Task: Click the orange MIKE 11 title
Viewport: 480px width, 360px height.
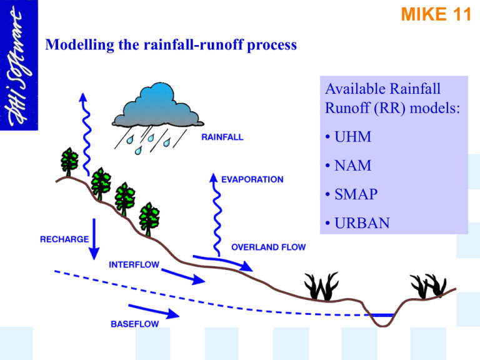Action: [x=436, y=14]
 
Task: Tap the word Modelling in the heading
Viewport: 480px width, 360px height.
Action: [x=79, y=45]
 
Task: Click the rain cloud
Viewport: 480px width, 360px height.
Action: [x=157, y=105]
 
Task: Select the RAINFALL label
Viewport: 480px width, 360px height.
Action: [x=222, y=137]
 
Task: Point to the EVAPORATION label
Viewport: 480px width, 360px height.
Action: [x=252, y=179]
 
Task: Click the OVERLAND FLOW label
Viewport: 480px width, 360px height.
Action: [x=269, y=247]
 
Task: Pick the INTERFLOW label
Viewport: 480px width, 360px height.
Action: [x=134, y=264]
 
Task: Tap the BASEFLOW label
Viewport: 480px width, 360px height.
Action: [x=135, y=324]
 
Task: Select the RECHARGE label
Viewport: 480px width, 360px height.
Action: [x=64, y=239]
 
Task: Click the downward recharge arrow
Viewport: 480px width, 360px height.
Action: [x=94, y=239]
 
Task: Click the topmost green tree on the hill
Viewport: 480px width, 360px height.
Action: [x=69, y=162]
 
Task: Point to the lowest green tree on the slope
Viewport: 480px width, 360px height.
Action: [x=149, y=219]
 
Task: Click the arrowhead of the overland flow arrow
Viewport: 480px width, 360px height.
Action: [x=246, y=266]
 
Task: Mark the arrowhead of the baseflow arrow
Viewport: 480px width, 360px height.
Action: [x=173, y=314]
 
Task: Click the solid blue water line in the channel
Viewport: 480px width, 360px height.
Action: [x=381, y=315]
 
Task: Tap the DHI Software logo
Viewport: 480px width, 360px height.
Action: [x=19, y=65]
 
